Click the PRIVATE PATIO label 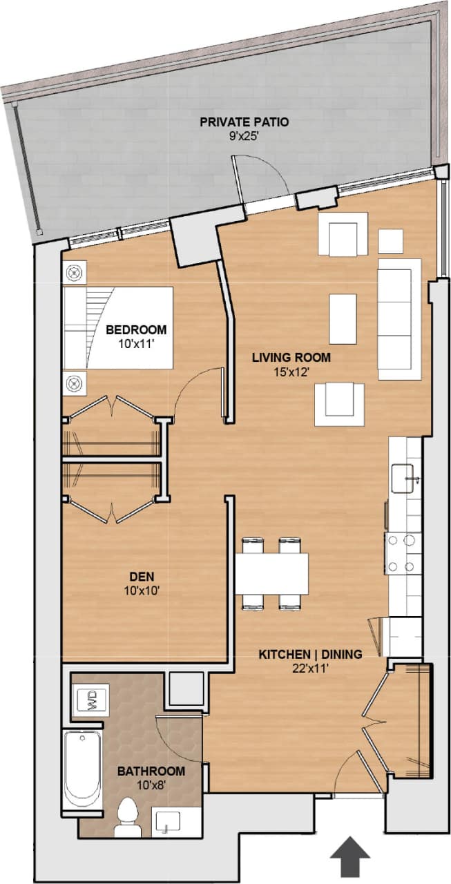pyautogui.click(x=244, y=122)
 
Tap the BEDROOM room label pyautogui.click(x=136, y=329)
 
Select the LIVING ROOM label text pyautogui.click(x=291, y=358)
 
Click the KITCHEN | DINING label pyautogui.click(x=310, y=654)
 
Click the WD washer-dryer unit pyautogui.click(x=91, y=700)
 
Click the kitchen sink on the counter pyautogui.click(x=403, y=478)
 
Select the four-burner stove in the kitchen pyautogui.click(x=403, y=553)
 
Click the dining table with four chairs pyautogui.click(x=271, y=573)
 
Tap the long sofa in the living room pyautogui.click(x=399, y=319)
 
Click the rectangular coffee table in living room pyautogui.click(x=343, y=318)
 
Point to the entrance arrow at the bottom pyautogui.click(x=349, y=856)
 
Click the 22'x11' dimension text pyautogui.click(x=310, y=667)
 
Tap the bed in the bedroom pyautogui.click(x=117, y=328)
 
